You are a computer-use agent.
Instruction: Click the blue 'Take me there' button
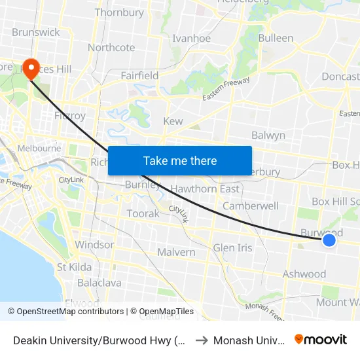point(180,160)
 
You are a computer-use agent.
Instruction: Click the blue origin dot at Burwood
point(329,241)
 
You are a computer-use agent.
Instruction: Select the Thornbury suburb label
point(119,12)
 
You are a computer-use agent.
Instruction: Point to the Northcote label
point(111,48)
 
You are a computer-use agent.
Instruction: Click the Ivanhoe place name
point(191,39)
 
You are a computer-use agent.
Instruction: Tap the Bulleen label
point(276,38)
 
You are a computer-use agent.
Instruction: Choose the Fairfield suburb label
point(139,76)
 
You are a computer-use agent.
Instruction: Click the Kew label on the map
point(173,122)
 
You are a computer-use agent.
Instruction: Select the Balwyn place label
point(268,135)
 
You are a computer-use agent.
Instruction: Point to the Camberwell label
point(251,206)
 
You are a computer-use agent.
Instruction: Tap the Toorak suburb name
point(143,214)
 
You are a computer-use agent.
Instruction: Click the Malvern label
point(176,253)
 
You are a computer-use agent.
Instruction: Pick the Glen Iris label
point(232,248)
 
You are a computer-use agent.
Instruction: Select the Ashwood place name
point(304,274)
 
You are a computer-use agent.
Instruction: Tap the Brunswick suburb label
point(35,32)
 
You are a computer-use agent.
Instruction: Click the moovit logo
point(321,339)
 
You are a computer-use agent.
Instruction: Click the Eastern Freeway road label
point(226,90)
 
